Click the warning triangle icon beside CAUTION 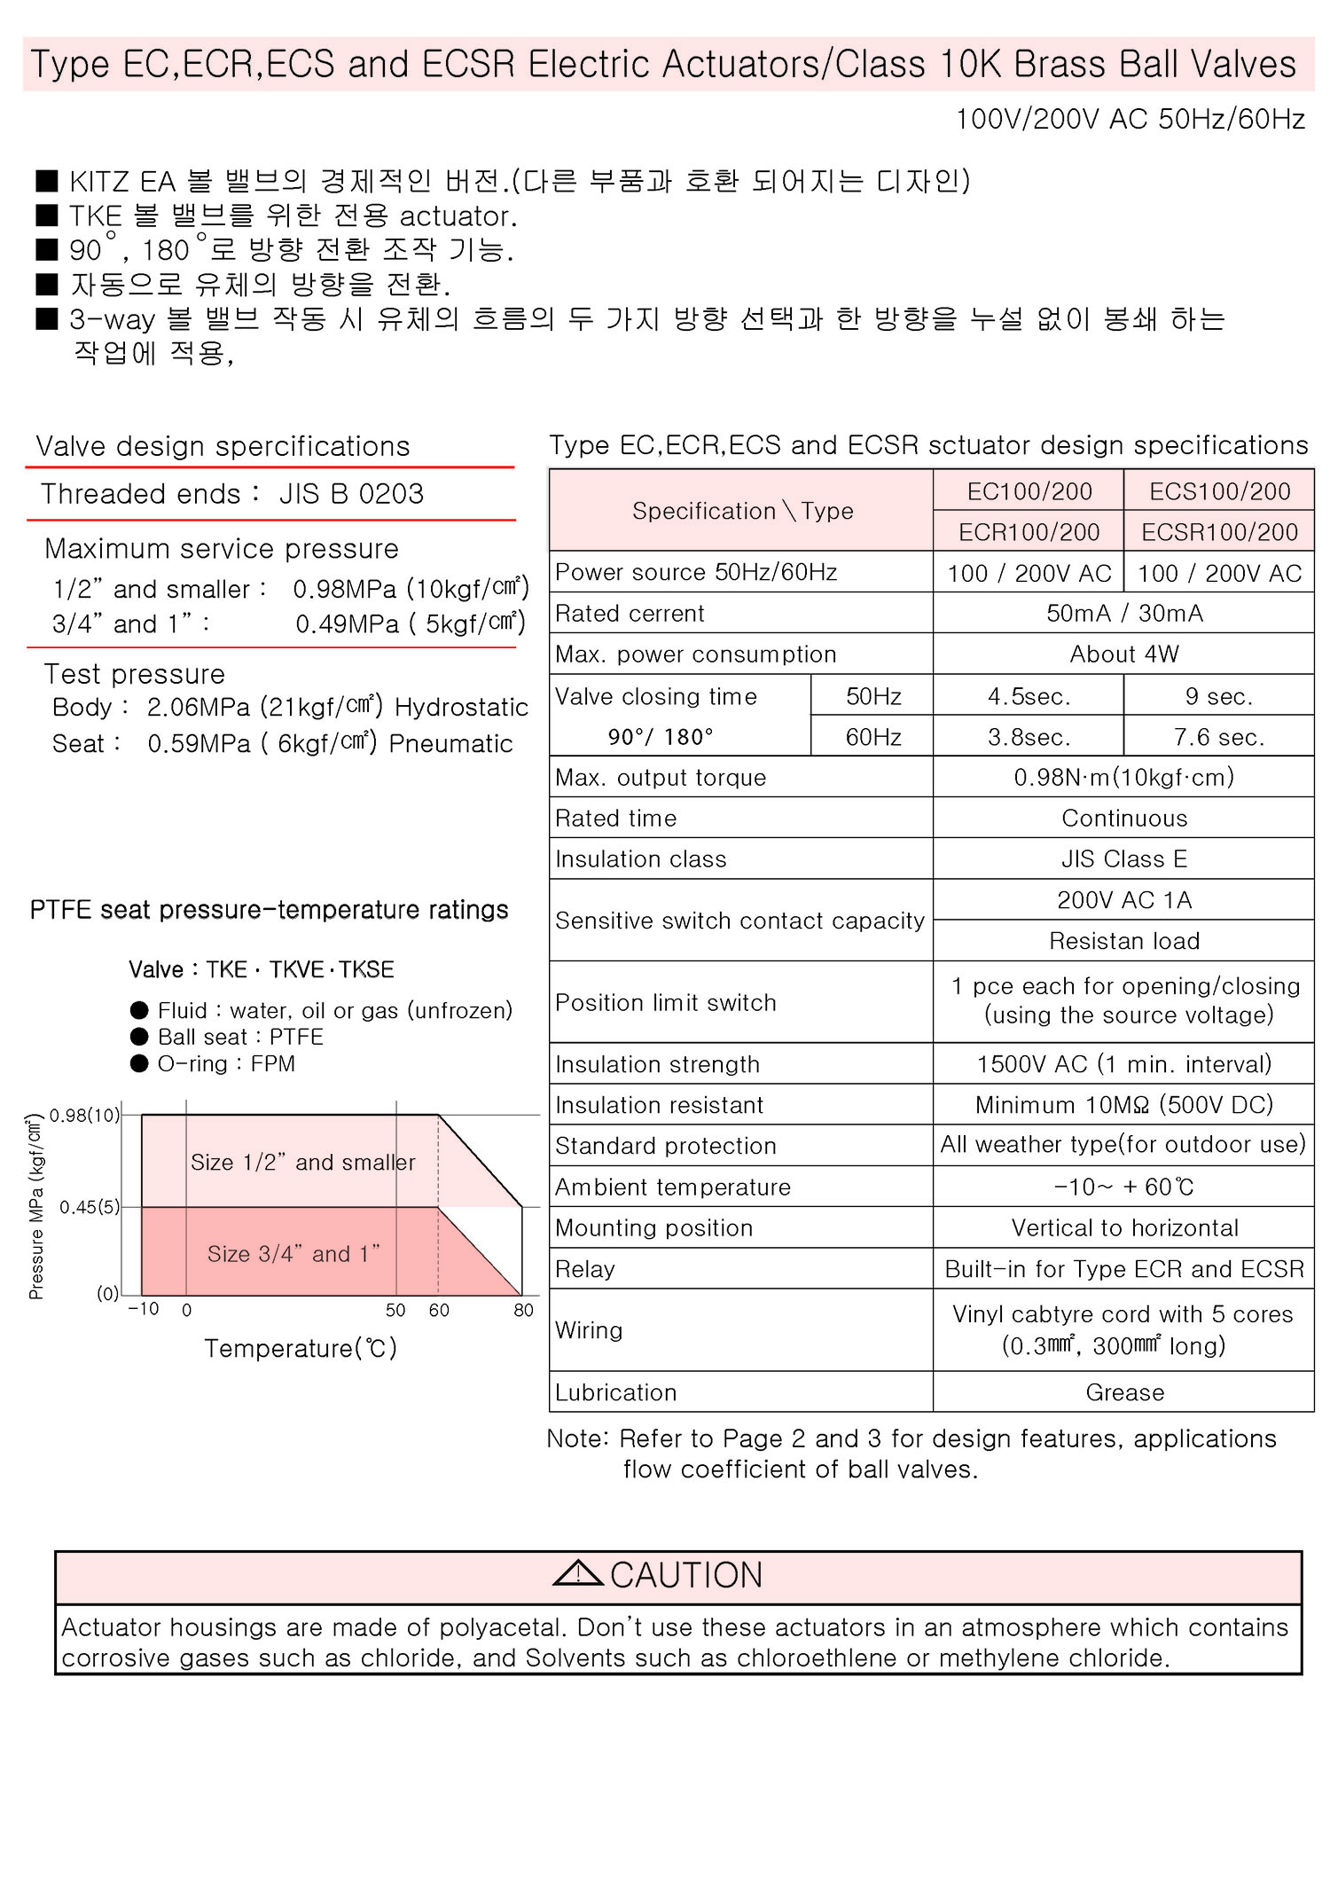577,1573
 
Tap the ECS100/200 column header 1219,491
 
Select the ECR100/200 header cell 1029,532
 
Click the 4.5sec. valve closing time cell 1029,697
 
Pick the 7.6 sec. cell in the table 1218,737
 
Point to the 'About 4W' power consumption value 1123,654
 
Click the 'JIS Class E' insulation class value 1123,858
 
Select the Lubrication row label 615,1392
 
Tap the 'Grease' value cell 1124,1392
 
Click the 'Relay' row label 585,1269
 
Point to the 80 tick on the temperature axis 523,1310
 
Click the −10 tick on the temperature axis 144,1309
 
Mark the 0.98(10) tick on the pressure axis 84,1115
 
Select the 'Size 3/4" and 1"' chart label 293,1253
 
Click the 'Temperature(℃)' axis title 301,1348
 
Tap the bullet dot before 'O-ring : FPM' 139,1063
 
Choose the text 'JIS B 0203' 351,494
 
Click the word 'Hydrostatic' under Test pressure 461,707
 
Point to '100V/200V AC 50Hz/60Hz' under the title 1130,119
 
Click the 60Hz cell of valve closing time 872,737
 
